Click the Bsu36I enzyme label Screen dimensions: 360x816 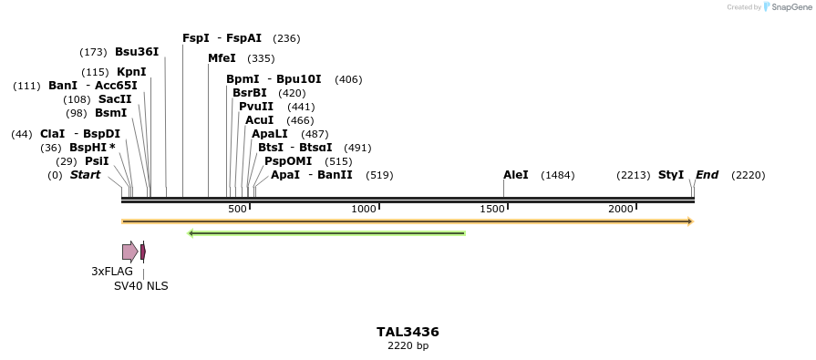click(137, 52)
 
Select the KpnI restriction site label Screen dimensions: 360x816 click(131, 72)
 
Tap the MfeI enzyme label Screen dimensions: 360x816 click(222, 58)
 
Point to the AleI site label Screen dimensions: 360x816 click(515, 175)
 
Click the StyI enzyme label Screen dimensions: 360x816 click(671, 175)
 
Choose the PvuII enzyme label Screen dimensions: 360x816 click(256, 107)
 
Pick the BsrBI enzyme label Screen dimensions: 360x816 click(250, 93)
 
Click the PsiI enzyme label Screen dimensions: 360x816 click(97, 161)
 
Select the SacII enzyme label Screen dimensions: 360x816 click(115, 99)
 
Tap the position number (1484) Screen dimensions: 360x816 click(558, 175)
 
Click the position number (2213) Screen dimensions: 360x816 click(633, 175)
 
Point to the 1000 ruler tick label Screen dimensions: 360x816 click(364, 210)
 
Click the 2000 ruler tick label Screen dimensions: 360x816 click(621, 210)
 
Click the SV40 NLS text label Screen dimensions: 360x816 click(140, 286)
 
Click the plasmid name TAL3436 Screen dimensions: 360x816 click(408, 332)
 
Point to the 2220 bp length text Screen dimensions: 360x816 click(408, 346)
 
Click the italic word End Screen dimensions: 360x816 click(707, 175)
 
